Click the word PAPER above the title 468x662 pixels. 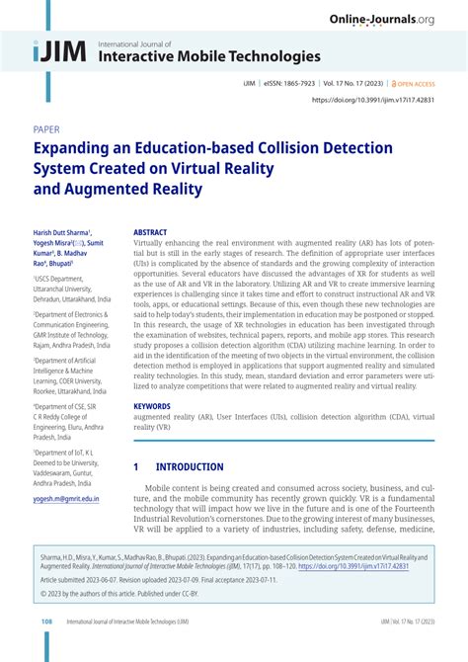pyautogui.click(x=46, y=129)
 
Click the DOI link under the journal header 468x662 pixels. pyautogui.click(x=373, y=100)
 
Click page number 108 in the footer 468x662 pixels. pyautogui.click(x=46, y=649)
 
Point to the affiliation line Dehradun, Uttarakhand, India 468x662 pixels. pyautogui.click(x=74, y=296)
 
